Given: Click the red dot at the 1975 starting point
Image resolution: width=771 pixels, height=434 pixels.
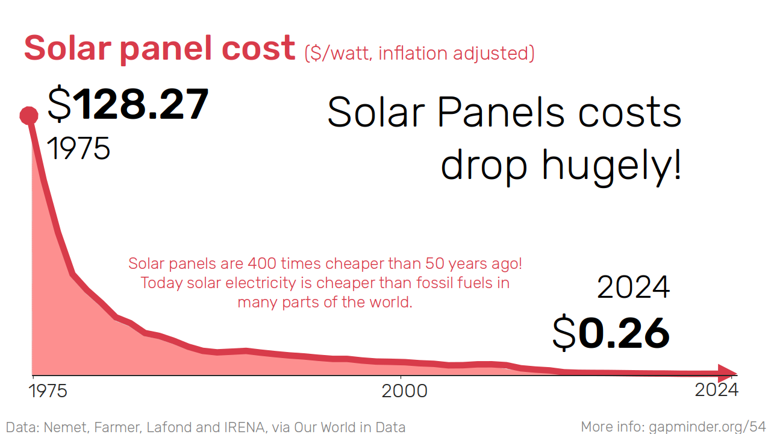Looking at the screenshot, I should click(28, 115).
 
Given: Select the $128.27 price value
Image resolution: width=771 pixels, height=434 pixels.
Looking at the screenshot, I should click(128, 105).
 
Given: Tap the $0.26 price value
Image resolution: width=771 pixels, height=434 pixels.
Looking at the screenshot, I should click(611, 333).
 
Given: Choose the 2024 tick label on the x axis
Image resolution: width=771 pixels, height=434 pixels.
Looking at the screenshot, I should click(716, 390).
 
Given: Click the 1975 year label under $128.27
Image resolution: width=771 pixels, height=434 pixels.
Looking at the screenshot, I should click(79, 148).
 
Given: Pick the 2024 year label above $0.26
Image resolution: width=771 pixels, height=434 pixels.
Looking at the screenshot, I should click(633, 288).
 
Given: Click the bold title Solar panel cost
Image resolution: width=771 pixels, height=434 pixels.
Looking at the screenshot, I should click(160, 48).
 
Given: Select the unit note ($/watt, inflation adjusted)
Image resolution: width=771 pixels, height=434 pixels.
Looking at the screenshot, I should click(419, 53).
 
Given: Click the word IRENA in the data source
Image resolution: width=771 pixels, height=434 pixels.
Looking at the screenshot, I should click(246, 427).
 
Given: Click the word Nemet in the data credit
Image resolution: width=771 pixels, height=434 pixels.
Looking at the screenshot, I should click(62, 427).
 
